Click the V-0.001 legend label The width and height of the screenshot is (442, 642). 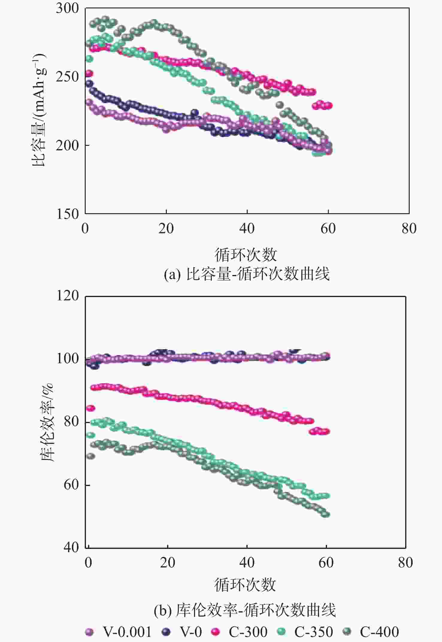pos(127,632)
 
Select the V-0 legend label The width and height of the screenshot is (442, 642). pos(191,632)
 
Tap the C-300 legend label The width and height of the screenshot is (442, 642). pos(248,632)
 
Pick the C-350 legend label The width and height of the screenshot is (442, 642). pos(314,632)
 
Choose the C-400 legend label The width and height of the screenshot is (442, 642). pos(379,632)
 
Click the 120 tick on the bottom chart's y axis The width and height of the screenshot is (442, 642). pos(67,296)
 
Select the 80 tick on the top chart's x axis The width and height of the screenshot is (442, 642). pos(409,228)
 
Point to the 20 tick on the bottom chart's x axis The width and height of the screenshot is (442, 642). pos(167,563)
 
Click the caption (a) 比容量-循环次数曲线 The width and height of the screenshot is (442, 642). pos(247,274)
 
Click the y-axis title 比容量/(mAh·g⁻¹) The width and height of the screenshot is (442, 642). pos(39,110)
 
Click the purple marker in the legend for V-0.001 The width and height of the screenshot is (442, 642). pos(89,632)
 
